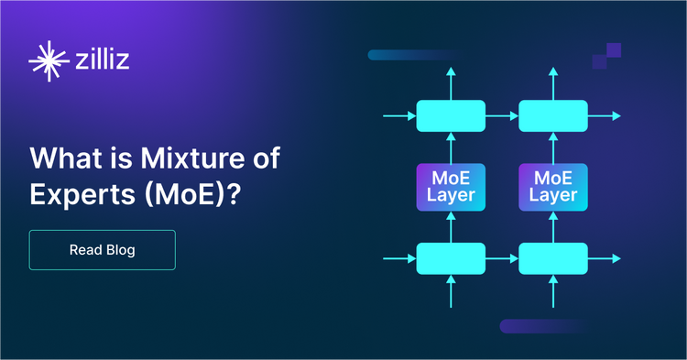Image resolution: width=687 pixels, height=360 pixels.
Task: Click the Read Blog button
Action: [x=102, y=250]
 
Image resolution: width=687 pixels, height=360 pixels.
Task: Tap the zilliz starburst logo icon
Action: [x=47, y=61]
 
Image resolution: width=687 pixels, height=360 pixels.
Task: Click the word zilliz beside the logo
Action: [x=103, y=60]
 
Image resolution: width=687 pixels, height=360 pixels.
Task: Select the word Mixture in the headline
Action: [x=189, y=158]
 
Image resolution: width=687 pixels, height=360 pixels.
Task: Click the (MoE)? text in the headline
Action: [x=193, y=195]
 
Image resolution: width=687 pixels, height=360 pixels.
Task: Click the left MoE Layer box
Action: [x=451, y=186]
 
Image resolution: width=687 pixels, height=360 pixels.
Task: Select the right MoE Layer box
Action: [x=553, y=186]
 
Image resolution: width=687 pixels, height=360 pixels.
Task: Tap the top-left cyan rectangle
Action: [x=451, y=115]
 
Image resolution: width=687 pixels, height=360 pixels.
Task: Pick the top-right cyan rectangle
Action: [x=553, y=115]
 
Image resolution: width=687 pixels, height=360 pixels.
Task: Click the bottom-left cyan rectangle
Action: [x=451, y=258]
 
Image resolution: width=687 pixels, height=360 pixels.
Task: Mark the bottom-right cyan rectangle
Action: [x=553, y=258]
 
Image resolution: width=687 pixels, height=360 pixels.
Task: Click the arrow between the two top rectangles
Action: [x=502, y=115]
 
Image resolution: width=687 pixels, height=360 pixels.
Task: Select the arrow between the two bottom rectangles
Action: [x=502, y=258]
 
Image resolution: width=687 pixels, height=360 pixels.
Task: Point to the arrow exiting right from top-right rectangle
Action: [x=605, y=115]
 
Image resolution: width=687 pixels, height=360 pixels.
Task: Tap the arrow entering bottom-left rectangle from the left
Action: [x=399, y=258]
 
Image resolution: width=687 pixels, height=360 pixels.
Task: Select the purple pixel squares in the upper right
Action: [x=607, y=56]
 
